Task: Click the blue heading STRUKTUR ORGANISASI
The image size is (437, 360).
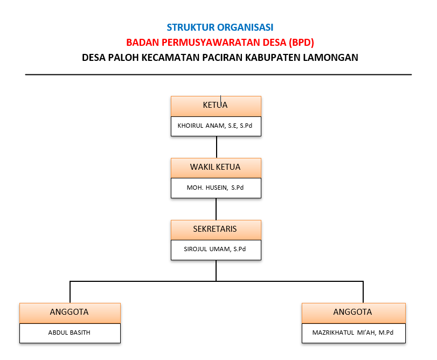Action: point(220,27)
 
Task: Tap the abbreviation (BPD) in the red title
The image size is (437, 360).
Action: point(301,43)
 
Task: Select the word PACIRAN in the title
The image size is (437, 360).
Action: point(223,58)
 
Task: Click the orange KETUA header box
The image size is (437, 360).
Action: point(216,106)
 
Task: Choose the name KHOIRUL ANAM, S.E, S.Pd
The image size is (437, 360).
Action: point(215,126)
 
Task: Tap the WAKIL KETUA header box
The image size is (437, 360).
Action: point(216,168)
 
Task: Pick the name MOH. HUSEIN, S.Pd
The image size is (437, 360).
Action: point(215,188)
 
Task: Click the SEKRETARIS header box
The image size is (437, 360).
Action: point(216,230)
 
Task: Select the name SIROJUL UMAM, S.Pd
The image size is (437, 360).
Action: point(215,249)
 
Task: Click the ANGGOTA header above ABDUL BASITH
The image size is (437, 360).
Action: point(70,313)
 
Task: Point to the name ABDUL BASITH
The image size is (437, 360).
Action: point(69,333)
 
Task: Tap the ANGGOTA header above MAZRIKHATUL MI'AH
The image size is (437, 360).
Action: point(353,313)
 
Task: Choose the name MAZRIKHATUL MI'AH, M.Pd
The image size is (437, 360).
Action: point(353,333)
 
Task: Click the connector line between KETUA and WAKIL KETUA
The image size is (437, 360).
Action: point(217,147)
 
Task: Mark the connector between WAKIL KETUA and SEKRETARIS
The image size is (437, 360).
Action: point(216,209)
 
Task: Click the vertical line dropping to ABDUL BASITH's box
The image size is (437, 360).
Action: point(70,292)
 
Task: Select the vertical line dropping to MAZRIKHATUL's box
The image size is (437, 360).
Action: point(363,292)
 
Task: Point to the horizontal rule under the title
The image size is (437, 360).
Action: point(219,75)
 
